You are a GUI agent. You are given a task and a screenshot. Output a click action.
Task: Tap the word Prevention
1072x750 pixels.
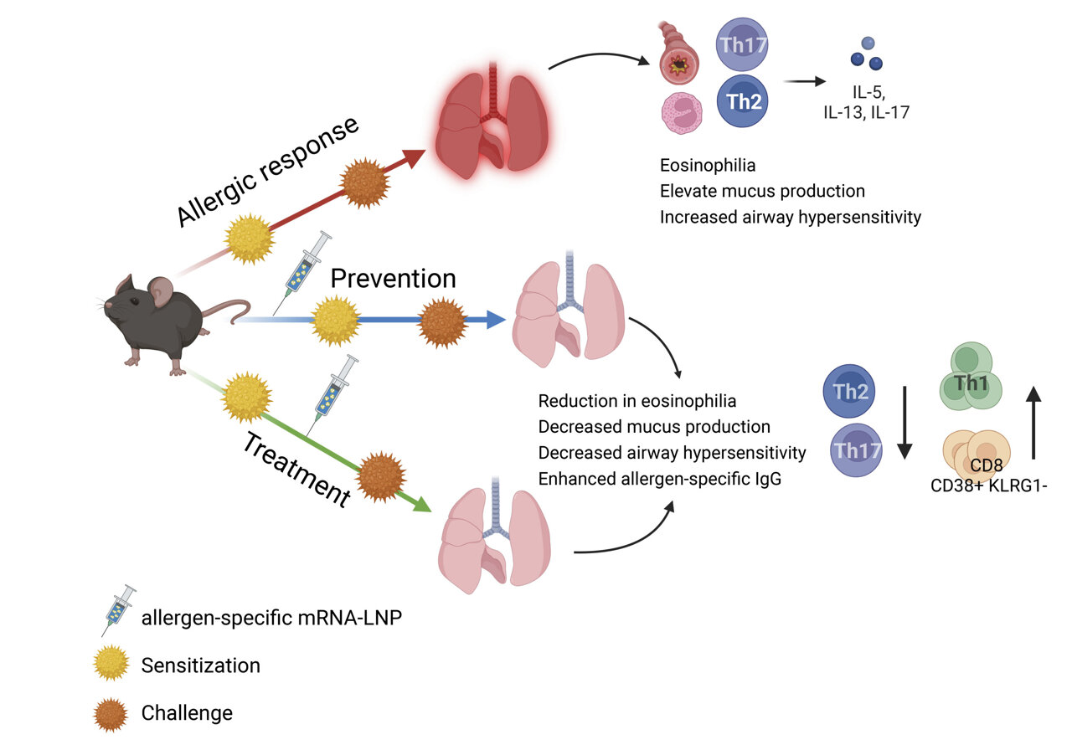(393, 278)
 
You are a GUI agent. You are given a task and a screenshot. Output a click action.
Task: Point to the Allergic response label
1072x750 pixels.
(268, 171)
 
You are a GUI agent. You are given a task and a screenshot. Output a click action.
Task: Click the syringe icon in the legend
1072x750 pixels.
(118, 610)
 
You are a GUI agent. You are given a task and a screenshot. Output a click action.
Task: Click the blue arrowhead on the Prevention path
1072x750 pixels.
(496, 319)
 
